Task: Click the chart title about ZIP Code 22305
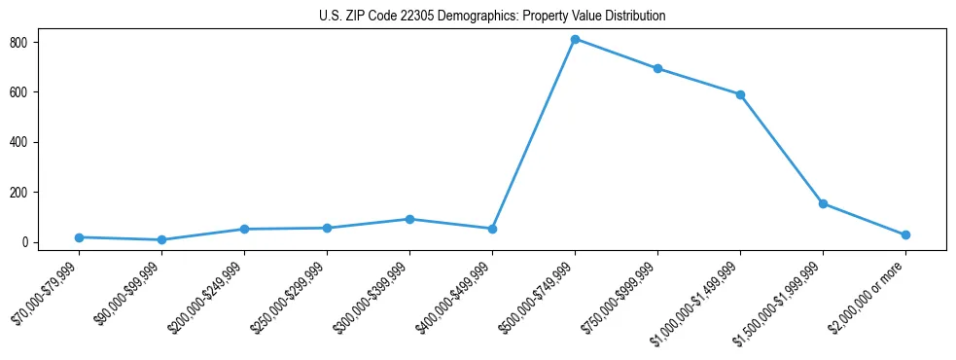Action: pyautogui.click(x=491, y=17)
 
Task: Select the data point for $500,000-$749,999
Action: pyautogui.click(x=575, y=39)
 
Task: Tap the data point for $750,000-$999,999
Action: pyautogui.click(x=657, y=68)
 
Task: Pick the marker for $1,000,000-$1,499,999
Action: pyautogui.click(x=740, y=94)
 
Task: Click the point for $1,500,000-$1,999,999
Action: pyautogui.click(x=823, y=203)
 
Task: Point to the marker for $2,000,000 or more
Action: pyautogui.click(x=905, y=234)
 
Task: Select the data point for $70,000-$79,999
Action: pyautogui.click(x=79, y=237)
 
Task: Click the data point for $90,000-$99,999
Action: pyautogui.click(x=161, y=239)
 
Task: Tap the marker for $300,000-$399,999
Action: pyautogui.click(x=409, y=219)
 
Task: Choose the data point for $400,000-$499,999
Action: pyautogui.click(x=492, y=229)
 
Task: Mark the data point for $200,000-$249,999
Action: pyautogui.click(x=244, y=229)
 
